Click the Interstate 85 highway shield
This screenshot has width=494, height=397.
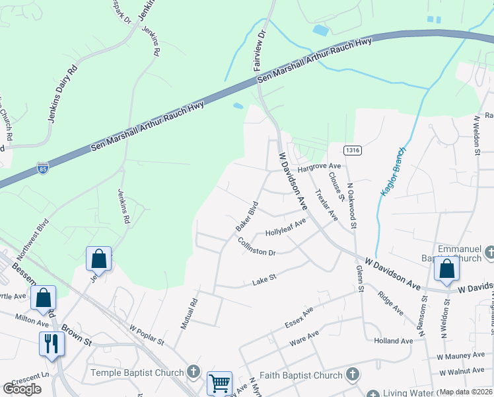pos(43,167)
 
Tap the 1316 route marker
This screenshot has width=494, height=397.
pos(352,151)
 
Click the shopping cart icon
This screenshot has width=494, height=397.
pos(219,382)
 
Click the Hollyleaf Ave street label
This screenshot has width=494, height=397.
pos(286,228)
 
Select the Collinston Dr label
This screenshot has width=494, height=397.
pos(256,247)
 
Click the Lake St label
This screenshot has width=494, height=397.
pos(264,282)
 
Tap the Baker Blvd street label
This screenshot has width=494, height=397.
pos(246,216)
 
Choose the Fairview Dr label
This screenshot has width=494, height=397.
pos(260,50)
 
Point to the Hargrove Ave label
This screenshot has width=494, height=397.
pos(319,168)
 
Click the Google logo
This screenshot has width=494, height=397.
pos(22,389)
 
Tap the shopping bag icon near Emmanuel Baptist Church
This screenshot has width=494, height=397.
pos(446,269)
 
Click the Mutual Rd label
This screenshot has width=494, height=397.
pos(190,314)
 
